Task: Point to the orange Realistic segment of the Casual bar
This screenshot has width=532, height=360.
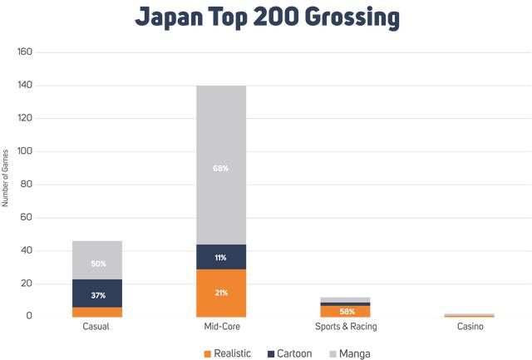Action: click(x=96, y=312)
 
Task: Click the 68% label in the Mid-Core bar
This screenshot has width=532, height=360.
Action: click(x=221, y=169)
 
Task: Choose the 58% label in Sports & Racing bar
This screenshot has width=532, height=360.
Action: click(x=346, y=311)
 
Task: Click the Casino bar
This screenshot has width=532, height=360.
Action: click(x=470, y=315)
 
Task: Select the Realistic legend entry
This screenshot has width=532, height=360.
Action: click(x=229, y=353)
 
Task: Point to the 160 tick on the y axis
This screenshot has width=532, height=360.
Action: click(x=24, y=52)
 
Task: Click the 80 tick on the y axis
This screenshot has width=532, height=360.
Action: click(x=27, y=185)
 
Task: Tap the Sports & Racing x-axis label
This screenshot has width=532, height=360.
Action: click(x=346, y=327)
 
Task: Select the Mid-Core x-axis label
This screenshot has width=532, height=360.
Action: click(x=221, y=327)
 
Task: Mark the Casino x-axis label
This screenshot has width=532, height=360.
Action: click(x=470, y=327)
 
